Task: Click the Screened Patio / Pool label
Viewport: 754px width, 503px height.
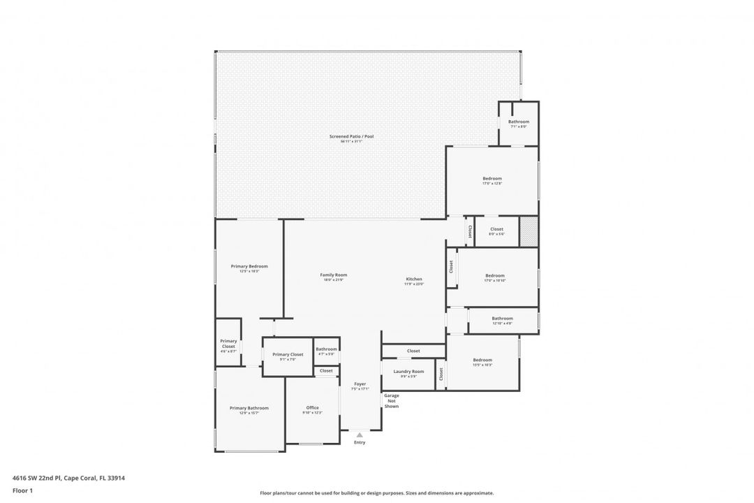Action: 351,136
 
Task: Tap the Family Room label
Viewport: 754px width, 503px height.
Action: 334,275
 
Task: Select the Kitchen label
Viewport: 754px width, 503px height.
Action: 414,279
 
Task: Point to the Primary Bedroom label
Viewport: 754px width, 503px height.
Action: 249,266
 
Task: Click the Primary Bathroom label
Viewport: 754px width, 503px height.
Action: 249,408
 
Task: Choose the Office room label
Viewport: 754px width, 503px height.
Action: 312,408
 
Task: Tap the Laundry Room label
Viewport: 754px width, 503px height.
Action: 408,372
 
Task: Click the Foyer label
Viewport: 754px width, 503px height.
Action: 360,384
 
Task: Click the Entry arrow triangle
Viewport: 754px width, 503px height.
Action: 360,435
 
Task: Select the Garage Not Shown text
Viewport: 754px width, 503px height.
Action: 392,400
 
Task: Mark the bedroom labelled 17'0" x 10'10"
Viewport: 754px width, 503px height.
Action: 495,276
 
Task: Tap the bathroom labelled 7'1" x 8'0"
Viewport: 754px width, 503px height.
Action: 519,122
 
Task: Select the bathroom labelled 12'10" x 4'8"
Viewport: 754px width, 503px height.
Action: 502,319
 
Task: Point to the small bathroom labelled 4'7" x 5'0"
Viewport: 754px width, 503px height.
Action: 326,349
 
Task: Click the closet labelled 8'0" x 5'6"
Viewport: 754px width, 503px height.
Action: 496,229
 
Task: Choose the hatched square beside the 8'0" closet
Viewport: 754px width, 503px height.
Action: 529,231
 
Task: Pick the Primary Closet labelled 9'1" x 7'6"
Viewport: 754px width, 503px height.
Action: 288,355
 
